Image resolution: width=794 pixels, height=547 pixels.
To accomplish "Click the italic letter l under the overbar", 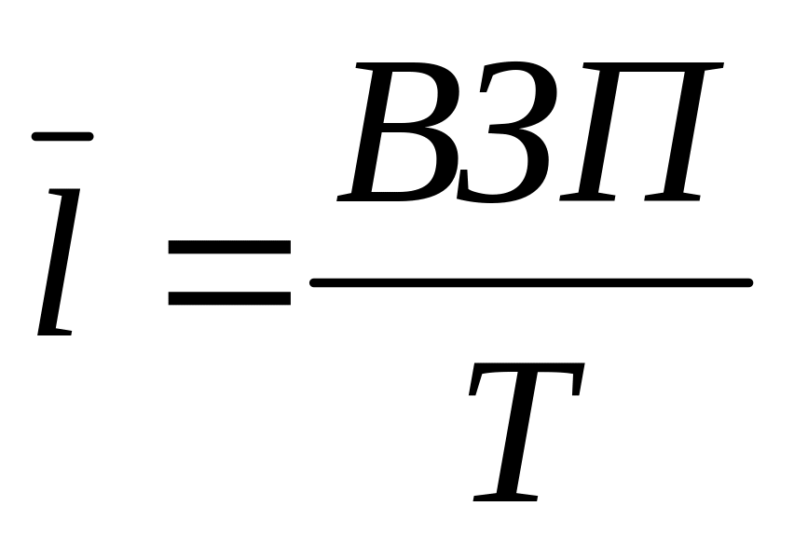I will coord(58,261).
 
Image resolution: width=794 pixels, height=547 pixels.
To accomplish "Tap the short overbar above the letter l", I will coord(62,136).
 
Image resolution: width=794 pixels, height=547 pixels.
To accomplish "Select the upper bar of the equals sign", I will coord(228,248).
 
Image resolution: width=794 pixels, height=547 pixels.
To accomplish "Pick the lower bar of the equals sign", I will coord(228,299).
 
